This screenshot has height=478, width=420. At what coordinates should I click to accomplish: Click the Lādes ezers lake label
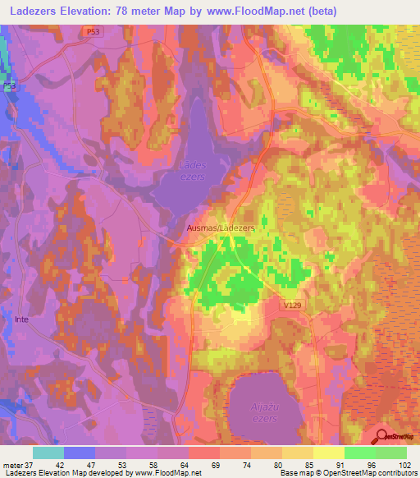(191, 170)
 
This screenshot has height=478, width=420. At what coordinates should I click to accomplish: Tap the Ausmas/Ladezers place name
(219, 228)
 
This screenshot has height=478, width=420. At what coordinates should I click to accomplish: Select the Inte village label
(21, 319)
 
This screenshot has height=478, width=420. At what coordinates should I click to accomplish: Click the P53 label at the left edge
(9, 86)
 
